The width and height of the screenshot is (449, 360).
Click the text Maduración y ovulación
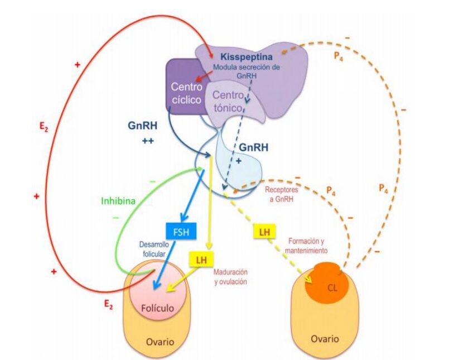coord(230,277)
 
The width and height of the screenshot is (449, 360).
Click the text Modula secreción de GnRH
coord(245,71)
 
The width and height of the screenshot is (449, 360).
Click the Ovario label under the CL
coord(324,339)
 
